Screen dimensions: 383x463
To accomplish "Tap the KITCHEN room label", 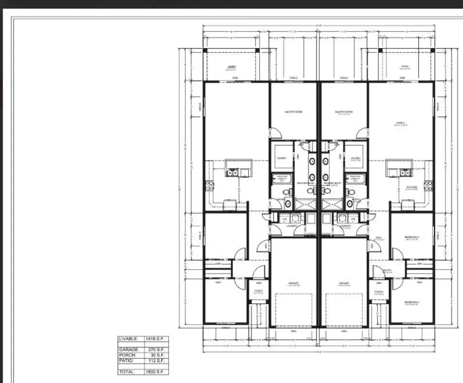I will (x=412, y=188).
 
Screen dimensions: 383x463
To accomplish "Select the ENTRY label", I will (x=387, y=270).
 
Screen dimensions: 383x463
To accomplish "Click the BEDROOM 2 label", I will (x=412, y=237).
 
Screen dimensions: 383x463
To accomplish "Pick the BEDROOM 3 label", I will (x=412, y=302).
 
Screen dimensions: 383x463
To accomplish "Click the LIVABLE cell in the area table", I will (x=130, y=339).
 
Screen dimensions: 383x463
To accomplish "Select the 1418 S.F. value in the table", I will (x=156, y=339).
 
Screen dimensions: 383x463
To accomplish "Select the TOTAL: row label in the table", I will (x=129, y=372).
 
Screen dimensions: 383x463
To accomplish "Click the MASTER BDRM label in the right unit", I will (x=343, y=112).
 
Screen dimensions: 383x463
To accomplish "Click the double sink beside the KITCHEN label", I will (x=405, y=173).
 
